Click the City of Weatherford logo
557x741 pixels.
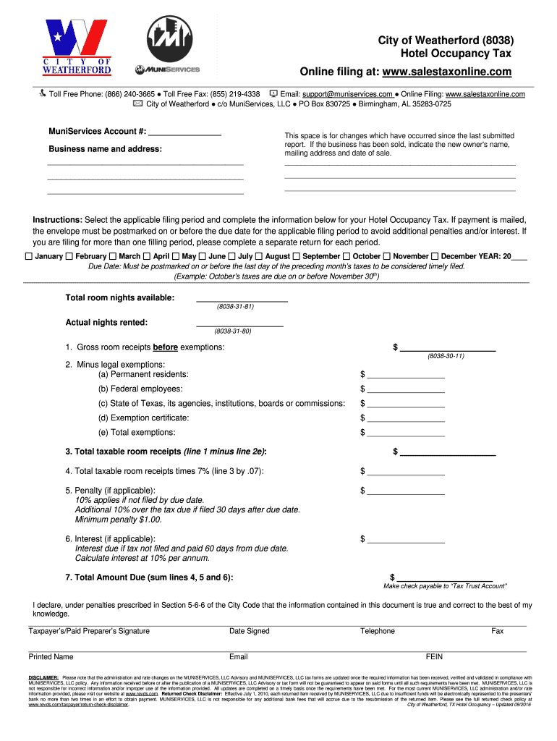point(76,48)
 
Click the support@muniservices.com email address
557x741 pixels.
point(348,94)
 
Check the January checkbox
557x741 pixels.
point(28,257)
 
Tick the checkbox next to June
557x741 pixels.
point(203,257)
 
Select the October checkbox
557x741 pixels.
point(346,257)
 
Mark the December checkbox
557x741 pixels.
point(435,257)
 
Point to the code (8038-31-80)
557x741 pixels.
point(232,331)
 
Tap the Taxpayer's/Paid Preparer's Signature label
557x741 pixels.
point(89,631)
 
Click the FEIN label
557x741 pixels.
point(434,657)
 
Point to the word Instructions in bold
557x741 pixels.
point(57,219)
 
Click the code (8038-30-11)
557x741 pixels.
point(446,357)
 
